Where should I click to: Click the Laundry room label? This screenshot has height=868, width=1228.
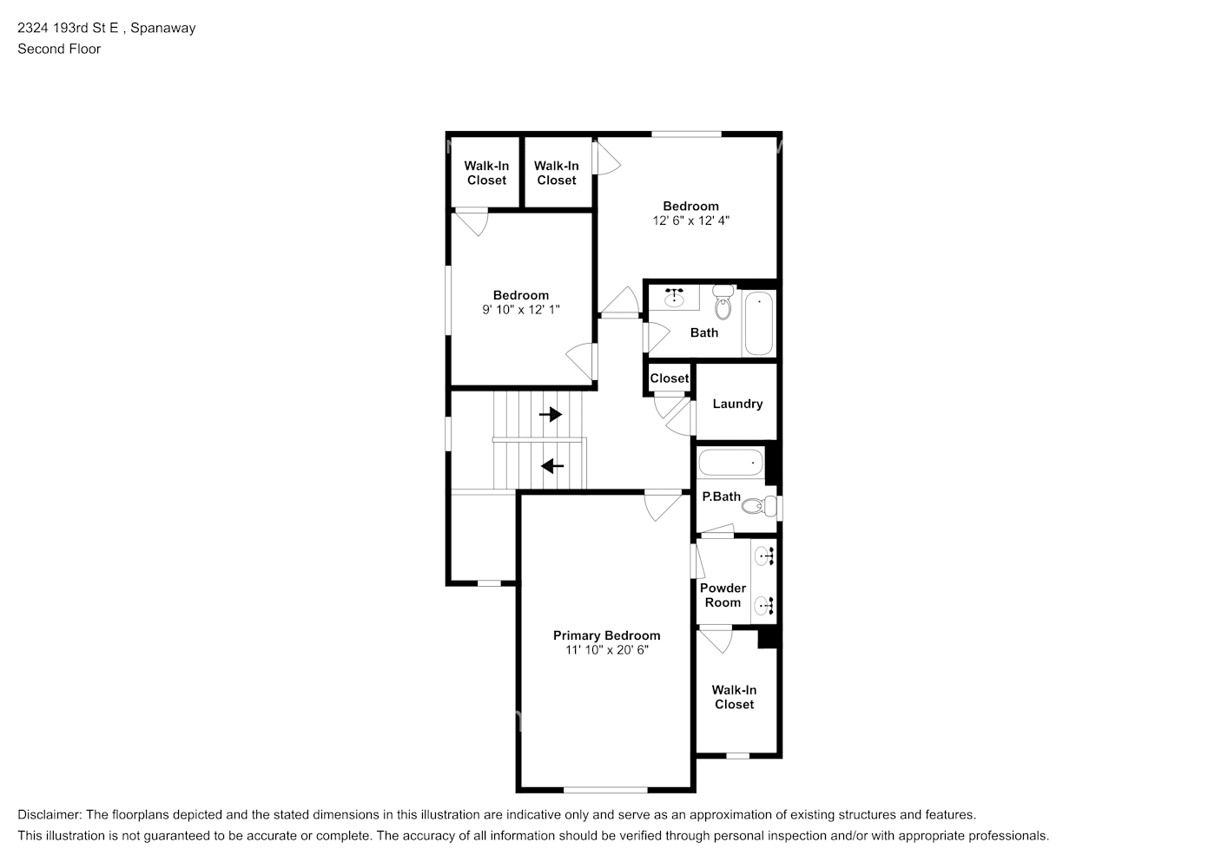tap(737, 404)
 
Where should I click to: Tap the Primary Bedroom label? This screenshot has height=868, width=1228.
tap(606, 635)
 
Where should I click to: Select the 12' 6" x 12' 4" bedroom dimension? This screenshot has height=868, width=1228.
tap(690, 220)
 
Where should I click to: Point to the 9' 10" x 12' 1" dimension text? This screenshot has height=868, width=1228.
tap(521, 310)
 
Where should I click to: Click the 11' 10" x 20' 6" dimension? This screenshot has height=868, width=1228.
tap(607, 650)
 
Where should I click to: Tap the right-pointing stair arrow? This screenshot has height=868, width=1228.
tap(551, 414)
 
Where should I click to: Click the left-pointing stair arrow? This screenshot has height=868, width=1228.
tap(552, 466)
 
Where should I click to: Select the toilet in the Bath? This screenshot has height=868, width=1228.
tap(723, 302)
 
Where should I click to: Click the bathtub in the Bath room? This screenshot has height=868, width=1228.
tap(759, 323)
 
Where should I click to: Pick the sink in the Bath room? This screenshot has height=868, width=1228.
tap(674, 298)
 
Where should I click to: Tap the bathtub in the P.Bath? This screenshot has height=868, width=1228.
tap(730, 463)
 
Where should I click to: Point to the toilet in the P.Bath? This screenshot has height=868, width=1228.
tap(759, 506)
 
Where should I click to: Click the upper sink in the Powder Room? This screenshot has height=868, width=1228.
tap(764, 556)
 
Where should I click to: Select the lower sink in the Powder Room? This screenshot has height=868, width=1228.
tap(764, 606)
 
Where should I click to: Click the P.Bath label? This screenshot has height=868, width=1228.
tap(721, 496)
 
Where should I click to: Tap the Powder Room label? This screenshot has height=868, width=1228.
tap(723, 595)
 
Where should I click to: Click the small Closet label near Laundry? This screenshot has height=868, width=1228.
tap(670, 378)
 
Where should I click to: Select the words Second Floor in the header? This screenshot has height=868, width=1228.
tap(59, 49)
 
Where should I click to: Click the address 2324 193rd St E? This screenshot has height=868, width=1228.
tap(68, 28)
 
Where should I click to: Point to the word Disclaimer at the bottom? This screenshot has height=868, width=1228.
tap(50, 814)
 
